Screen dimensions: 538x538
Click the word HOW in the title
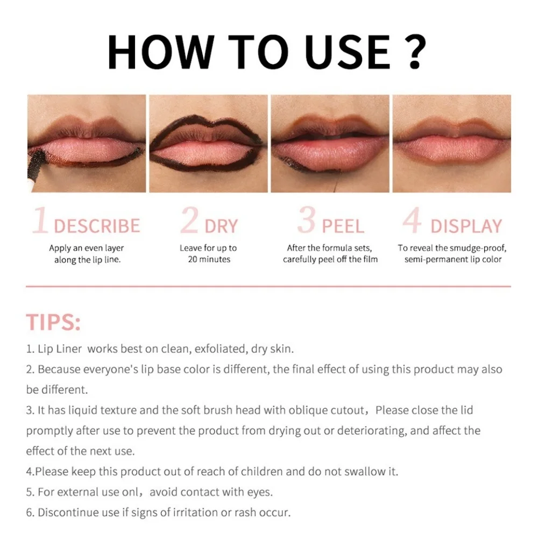pos(160,52)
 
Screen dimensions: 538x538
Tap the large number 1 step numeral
pos(41,221)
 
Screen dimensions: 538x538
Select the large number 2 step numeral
pos(189,221)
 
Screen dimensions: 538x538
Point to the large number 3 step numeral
pos(306,221)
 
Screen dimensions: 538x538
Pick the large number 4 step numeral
pos(412,221)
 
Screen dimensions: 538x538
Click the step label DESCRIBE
pos(97,226)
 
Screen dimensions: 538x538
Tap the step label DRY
pos(221,226)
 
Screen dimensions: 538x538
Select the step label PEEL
pos(343,226)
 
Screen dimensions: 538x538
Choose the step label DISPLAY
pos(466,226)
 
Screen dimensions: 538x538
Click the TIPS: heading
pos(53,322)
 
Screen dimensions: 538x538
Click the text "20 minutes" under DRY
pos(209,259)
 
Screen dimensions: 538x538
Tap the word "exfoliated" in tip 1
pos(220,349)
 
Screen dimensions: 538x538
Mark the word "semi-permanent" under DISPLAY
pos(435,259)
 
